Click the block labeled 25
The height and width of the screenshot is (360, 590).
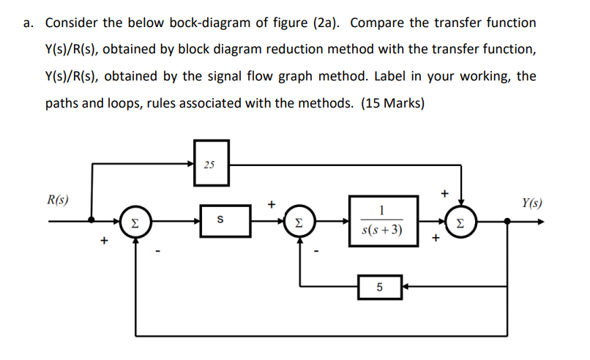[x=211, y=163]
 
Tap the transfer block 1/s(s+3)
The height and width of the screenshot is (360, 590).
[x=382, y=220]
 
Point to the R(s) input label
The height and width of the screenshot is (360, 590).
[x=59, y=199]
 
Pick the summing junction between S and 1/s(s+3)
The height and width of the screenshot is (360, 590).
[x=301, y=220]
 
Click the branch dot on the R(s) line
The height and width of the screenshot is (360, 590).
[x=92, y=220]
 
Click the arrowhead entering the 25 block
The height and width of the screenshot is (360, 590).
[x=192, y=163]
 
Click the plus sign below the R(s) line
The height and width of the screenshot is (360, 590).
[x=105, y=239]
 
